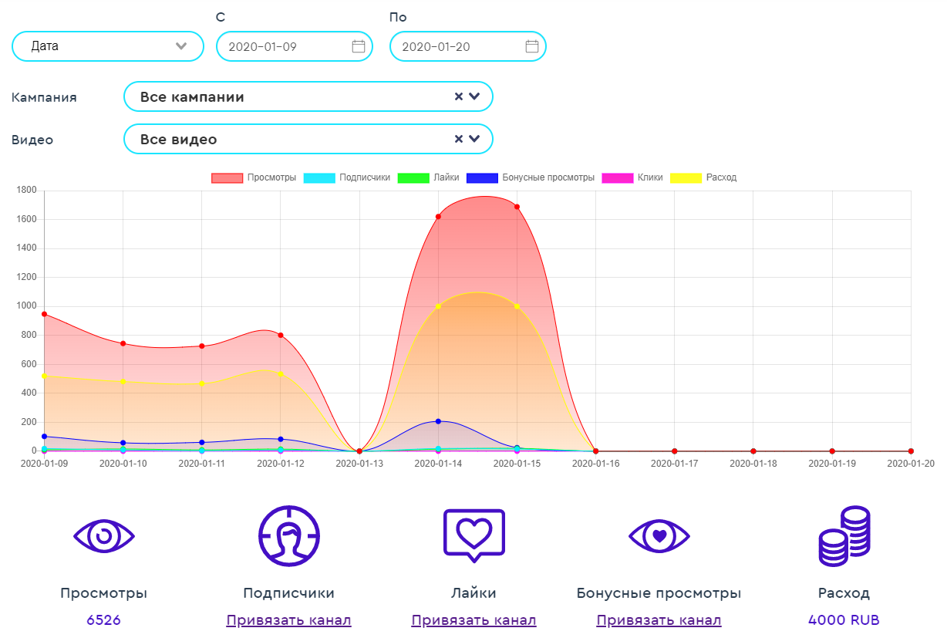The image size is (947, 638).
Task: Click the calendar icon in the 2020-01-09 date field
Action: pos(359,46)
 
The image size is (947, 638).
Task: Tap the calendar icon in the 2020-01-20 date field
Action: pos(532,46)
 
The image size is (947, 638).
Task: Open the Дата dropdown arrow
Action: pos(181,46)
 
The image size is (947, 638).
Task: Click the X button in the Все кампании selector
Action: pos(458,96)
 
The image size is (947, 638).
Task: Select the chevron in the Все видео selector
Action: pos(474,139)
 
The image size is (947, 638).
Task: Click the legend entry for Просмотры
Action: pos(254,177)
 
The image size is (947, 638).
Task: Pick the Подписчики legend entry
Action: pos(347,177)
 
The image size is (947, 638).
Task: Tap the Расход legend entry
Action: pos(703,177)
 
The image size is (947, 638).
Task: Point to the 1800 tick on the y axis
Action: pos(27,191)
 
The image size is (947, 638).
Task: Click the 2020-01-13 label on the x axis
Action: pos(359,464)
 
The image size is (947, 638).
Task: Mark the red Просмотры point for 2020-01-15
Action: pos(517,207)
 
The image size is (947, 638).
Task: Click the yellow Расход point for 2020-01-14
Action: pos(438,306)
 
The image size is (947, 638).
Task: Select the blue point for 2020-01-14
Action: pos(438,421)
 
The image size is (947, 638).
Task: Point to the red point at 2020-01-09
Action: pos(45,314)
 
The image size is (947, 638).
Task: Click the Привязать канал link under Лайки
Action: pos(473,620)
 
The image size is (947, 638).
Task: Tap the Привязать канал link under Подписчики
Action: pos(288,620)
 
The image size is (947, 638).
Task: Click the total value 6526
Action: pos(103,620)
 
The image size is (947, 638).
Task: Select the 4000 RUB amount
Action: pos(844,620)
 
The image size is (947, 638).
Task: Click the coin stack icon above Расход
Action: pos(844,537)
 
